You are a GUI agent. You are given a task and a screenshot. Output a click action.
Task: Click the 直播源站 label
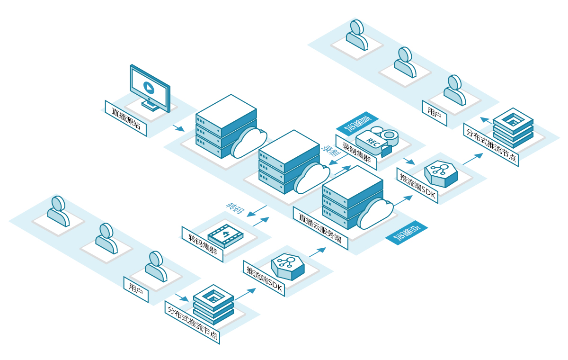click(125, 118)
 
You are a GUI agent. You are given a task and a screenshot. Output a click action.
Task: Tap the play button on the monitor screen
click(149, 88)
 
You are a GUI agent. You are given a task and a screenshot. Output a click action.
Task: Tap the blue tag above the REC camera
click(358, 122)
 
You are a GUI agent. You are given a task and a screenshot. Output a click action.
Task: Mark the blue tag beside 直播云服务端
click(406, 232)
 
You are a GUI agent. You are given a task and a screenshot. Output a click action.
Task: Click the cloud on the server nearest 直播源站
click(249, 142)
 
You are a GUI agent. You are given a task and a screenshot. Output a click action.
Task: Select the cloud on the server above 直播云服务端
click(375, 215)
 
